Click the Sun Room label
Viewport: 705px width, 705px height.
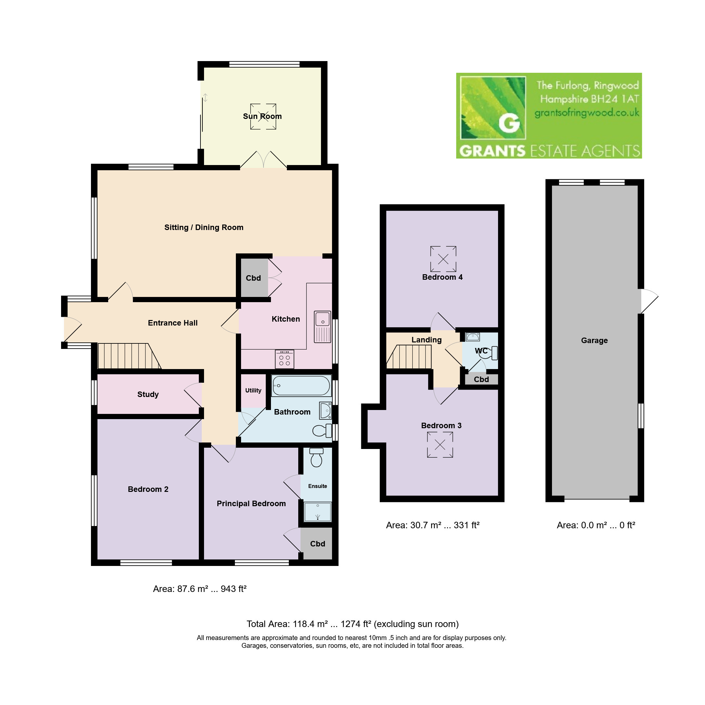point(263,116)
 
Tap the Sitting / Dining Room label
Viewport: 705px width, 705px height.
point(204,228)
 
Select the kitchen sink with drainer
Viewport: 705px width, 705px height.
point(323,327)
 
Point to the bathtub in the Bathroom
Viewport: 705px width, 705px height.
point(301,386)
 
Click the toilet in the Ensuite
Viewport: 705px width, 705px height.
point(316,457)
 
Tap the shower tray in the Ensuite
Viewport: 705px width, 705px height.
point(318,512)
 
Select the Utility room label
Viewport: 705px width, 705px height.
point(253,391)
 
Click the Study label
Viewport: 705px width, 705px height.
point(148,394)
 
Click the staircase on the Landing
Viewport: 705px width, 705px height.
point(409,357)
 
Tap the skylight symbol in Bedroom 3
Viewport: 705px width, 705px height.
point(440,445)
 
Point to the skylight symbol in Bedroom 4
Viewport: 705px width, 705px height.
point(443,259)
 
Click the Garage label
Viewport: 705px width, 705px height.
point(595,340)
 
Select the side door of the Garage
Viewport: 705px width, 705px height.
point(649,301)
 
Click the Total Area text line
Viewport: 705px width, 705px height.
point(352,624)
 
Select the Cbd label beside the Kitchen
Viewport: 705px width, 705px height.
point(253,278)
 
